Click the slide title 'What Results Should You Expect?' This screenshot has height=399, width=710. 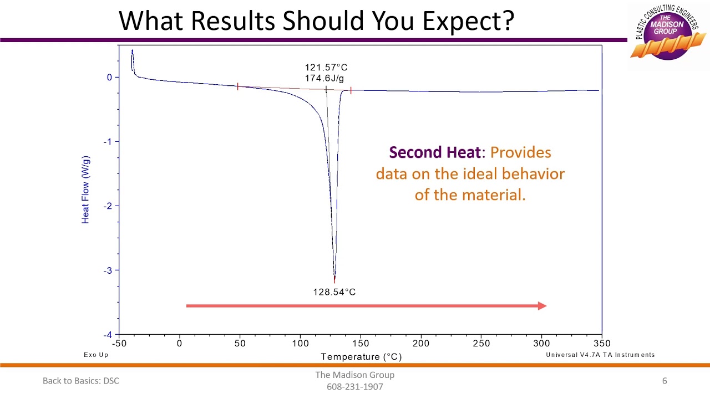tap(317, 21)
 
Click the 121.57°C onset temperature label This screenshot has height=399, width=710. tap(326, 68)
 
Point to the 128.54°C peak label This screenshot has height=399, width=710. tap(334, 292)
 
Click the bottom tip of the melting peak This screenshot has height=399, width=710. tap(334, 281)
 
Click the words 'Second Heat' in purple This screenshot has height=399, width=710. tap(434, 152)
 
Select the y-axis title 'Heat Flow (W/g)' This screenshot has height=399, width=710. tap(85, 190)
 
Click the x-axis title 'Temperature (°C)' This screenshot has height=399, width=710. tap(361, 357)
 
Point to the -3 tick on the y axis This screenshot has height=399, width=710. tap(108, 270)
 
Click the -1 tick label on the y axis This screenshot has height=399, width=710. tap(108, 142)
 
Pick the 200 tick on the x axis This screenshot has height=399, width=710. tap(421, 344)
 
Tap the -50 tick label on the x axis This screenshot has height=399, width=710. tap(119, 344)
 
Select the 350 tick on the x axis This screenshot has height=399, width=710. tap(601, 344)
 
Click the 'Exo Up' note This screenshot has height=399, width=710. tap(96, 355)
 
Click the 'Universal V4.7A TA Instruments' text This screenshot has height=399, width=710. tap(600, 355)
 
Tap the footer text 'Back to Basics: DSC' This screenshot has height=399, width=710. tap(81, 381)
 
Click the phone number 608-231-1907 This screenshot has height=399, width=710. tap(355, 387)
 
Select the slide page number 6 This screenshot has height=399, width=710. tap(665, 381)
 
